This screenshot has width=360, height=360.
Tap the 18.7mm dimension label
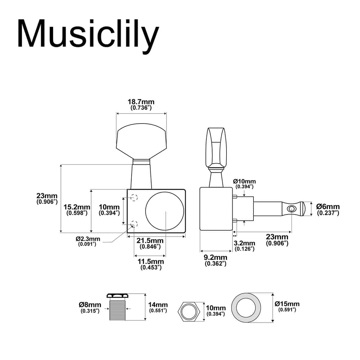[x=141, y=102]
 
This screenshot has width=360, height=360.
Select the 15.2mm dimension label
[x=77, y=207]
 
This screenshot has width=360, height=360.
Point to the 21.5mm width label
[x=150, y=241]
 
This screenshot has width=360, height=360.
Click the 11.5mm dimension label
[x=151, y=262]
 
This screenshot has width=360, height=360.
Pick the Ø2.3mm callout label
[x=88, y=239]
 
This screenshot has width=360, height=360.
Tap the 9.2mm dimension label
[x=215, y=257]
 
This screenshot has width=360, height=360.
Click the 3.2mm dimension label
[x=244, y=243]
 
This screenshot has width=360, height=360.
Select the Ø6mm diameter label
[x=328, y=207]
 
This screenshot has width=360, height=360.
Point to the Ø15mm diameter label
[x=287, y=304]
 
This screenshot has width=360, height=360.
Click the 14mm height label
[x=158, y=305]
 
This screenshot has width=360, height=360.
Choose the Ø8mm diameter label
[x=90, y=305]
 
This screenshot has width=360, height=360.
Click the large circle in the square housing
[x=165, y=211]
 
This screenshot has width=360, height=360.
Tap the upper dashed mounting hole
[x=134, y=197]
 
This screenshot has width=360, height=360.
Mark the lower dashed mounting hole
[x=134, y=223]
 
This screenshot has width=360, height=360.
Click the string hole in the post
[x=291, y=208]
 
